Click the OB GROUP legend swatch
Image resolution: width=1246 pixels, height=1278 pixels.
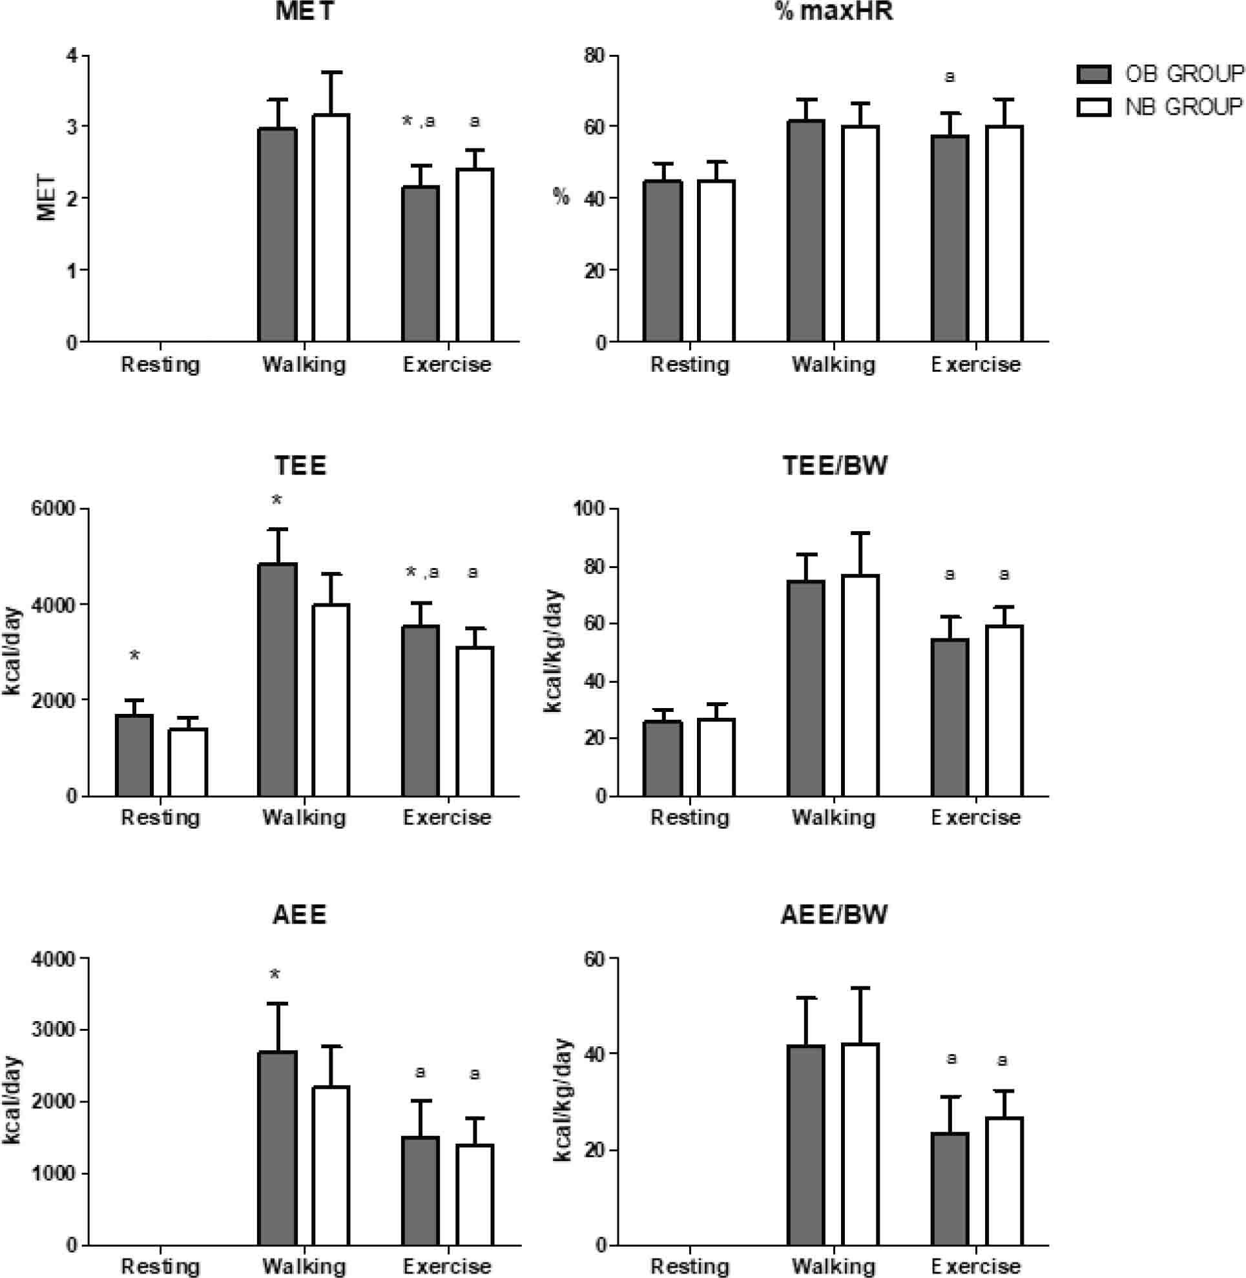click(1094, 75)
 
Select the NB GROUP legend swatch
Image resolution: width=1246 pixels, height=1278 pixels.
click(1094, 107)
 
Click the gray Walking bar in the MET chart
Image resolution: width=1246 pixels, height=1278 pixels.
click(278, 235)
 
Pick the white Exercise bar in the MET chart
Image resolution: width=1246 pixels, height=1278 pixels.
click(475, 255)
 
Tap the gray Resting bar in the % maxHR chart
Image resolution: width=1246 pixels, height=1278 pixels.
click(662, 261)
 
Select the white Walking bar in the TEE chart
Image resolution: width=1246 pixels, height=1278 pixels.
click(331, 700)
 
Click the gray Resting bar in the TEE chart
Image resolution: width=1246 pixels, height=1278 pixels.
click(134, 755)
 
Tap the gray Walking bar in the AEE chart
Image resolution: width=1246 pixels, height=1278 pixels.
click(278, 1148)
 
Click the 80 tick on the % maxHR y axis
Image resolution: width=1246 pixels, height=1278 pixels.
click(595, 56)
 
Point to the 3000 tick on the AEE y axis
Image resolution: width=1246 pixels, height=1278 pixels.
click(53, 1029)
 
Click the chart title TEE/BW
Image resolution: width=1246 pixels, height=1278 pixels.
click(835, 465)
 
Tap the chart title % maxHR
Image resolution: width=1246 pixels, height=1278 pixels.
click(835, 12)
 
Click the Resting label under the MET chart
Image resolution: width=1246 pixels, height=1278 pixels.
click(160, 364)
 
